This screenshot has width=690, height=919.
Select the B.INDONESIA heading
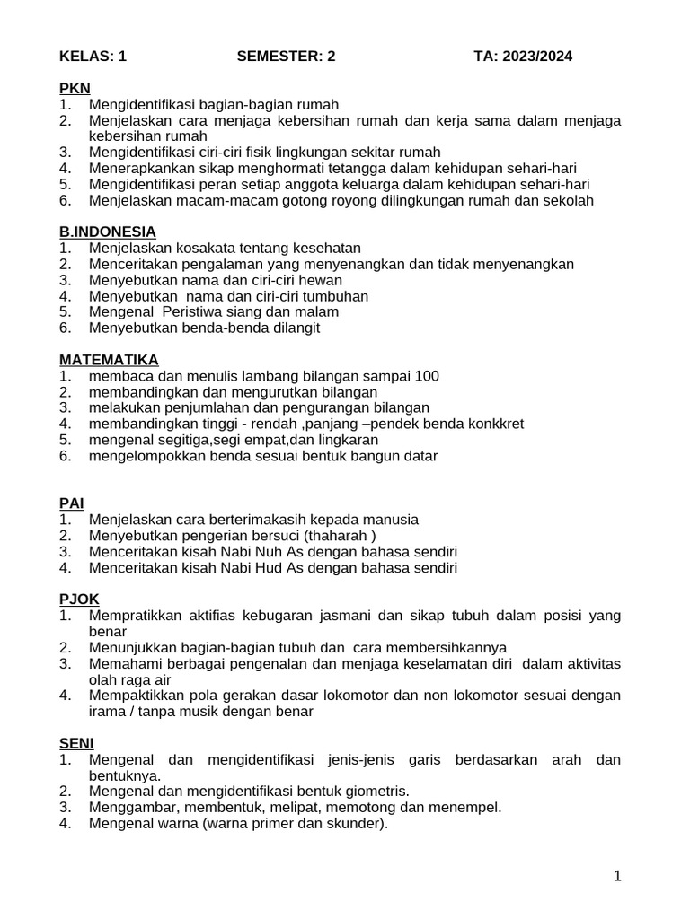(x=107, y=232)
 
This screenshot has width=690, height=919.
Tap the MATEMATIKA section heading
(x=109, y=359)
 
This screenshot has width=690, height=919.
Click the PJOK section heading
(x=79, y=599)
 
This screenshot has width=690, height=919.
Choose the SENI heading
(x=76, y=743)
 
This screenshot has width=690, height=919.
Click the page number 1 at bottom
(x=617, y=877)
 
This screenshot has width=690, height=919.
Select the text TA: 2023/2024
(x=523, y=57)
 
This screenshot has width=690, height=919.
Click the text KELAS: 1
(x=93, y=57)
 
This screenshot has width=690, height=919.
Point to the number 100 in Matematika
(x=427, y=376)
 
